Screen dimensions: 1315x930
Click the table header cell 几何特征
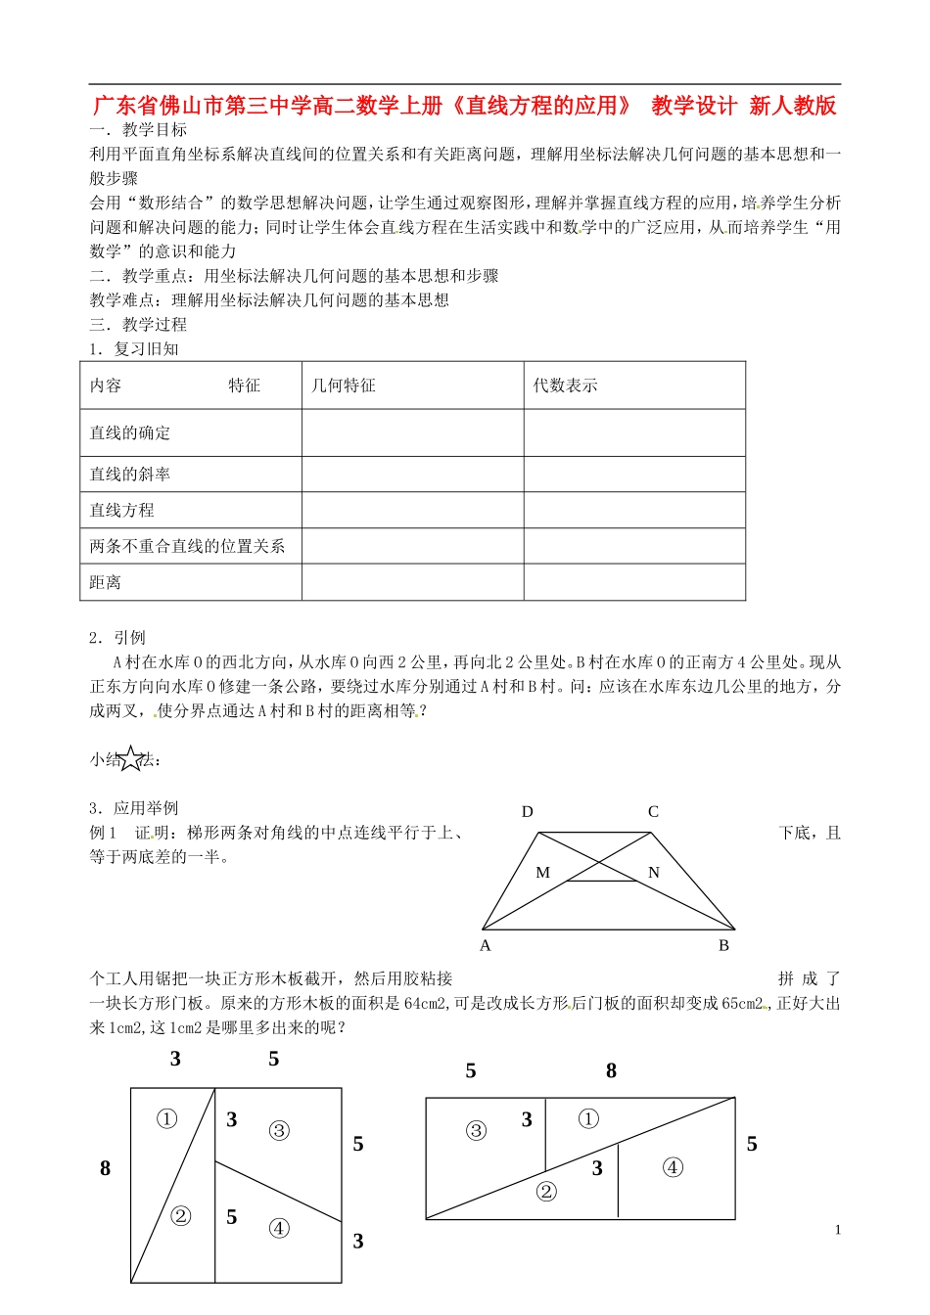pyautogui.click(x=344, y=385)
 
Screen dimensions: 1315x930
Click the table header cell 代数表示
pyautogui.click(x=565, y=385)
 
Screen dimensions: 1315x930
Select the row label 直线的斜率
pyautogui.click(x=130, y=475)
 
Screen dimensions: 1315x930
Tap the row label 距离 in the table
pyautogui.click(x=106, y=583)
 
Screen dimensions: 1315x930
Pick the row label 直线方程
pyautogui.click(x=122, y=511)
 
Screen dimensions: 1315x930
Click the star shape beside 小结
pyautogui.click(x=131, y=758)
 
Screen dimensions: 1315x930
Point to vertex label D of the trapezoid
pyautogui.click(x=528, y=812)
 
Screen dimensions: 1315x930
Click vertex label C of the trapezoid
pyautogui.click(x=653, y=812)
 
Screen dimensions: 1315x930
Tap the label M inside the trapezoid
pyautogui.click(x=543, y=873)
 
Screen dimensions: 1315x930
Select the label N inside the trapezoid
pyautogui.click(x=654, y=873)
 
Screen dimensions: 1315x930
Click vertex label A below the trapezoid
pyautogui.click(x=486, y=946)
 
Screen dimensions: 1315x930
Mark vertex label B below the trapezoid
pyautogui.click(x=723, y=946)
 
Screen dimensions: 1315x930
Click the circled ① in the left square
pyautogui.click(x=167, y=1118)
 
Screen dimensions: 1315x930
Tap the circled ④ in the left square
pyautogui.click(x=279, y=1228)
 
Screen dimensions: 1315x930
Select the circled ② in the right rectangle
pyautogui.click(x=546, y=1191)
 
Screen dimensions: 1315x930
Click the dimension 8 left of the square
pyautogui.click(x=106, y=1168)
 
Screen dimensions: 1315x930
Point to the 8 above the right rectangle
pyautogui.click(x=611, y=1071)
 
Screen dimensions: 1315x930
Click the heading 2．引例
pyautogui.click(x=117, y=638)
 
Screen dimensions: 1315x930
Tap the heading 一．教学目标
pyautogui.click(x=139, y=130)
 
